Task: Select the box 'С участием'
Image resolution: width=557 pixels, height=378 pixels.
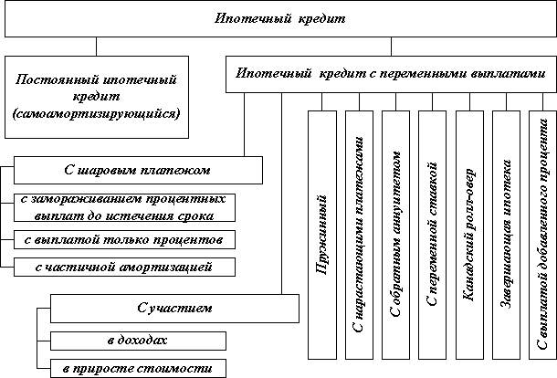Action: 174,309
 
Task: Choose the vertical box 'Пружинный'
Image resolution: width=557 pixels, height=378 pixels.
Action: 322,233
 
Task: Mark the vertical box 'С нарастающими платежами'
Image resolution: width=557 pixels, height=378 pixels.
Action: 360,233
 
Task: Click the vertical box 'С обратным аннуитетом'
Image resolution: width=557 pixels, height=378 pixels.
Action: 396,233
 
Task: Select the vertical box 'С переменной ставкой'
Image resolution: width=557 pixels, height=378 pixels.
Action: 433,233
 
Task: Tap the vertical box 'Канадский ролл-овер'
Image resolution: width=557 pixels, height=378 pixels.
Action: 469,233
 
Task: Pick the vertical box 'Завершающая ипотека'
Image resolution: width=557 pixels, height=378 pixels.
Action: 507,233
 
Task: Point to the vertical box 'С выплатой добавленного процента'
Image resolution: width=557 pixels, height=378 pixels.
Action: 544,233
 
